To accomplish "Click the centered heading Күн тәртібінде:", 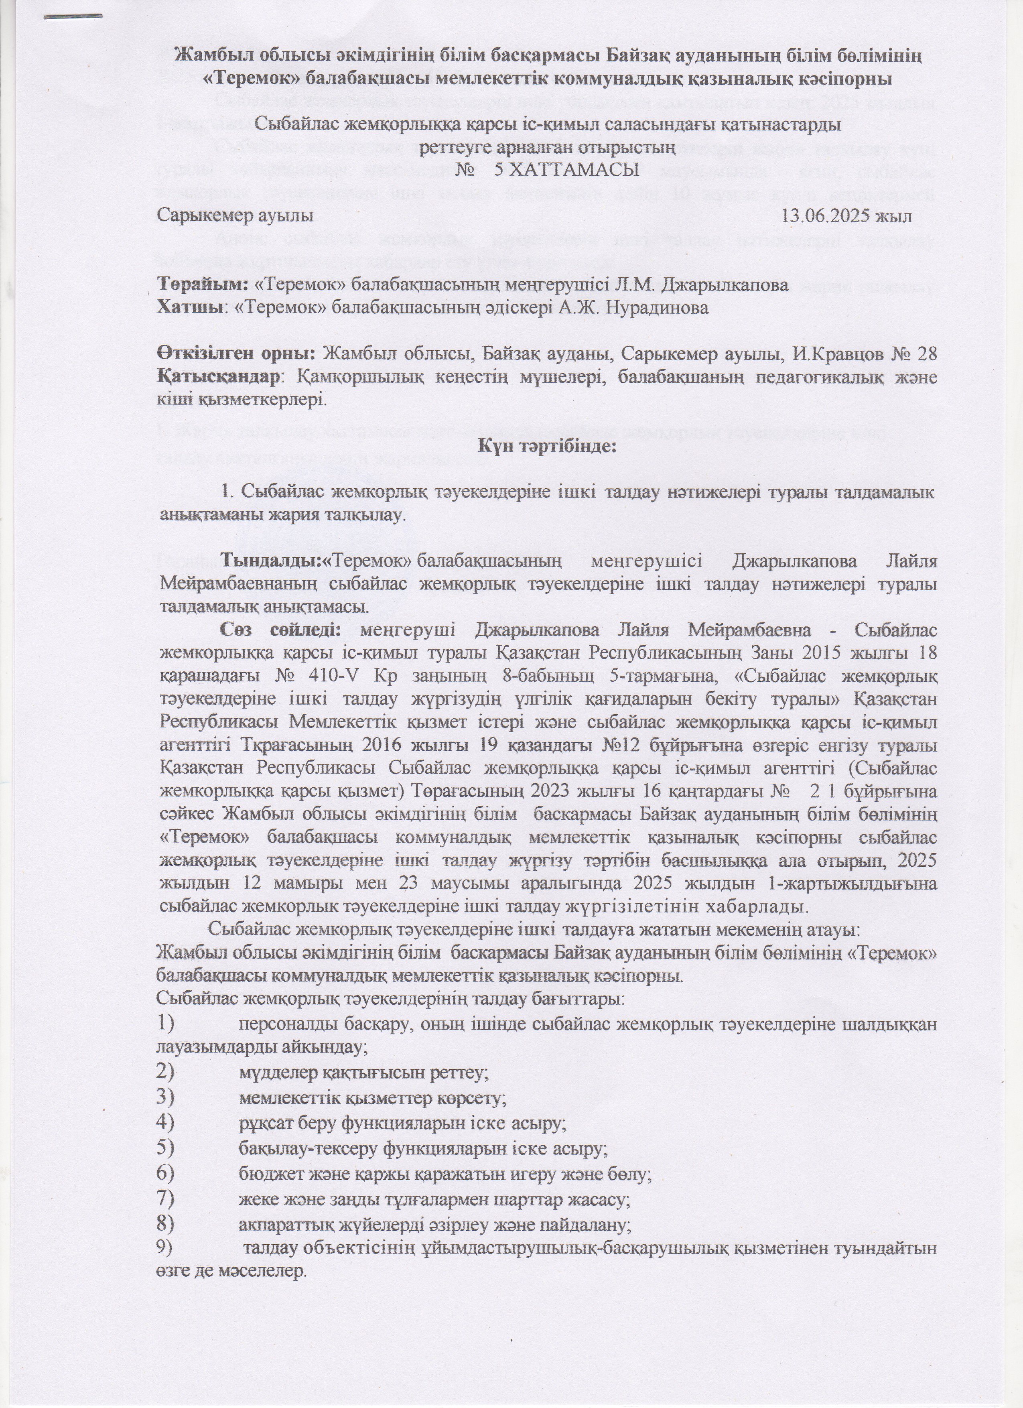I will coord(547,446).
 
